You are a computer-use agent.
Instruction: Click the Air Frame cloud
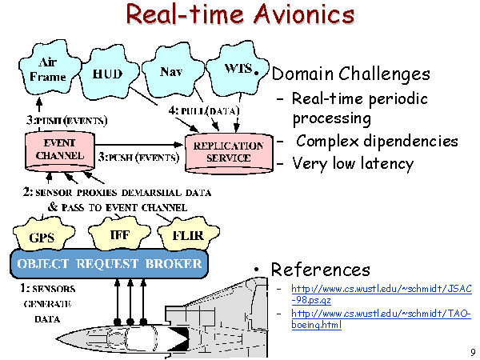(49, 69)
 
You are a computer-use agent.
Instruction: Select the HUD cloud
(108, 74)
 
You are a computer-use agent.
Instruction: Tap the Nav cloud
(172, 71)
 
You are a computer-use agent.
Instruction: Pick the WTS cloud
(236, 69)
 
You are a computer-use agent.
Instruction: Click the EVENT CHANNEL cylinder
(60, 150)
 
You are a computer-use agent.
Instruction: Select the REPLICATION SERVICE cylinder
(229, 152)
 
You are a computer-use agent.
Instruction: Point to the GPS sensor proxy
(43, 234)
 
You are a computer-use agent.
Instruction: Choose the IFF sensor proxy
(119, 234)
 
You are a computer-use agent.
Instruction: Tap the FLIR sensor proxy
(188, 234)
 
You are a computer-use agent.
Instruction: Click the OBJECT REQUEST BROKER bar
(110, 263)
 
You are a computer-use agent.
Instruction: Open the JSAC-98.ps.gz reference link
(382, 294)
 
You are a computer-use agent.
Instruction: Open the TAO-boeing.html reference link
(381, 318)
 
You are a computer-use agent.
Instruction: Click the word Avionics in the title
(304, 14)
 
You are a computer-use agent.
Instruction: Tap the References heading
(321, 270)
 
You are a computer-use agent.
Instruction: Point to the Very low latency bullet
(353, 163)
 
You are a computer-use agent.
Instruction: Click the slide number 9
(474, 352)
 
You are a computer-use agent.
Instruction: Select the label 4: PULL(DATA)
(204, 110)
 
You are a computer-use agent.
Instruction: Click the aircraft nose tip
(56, 338)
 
